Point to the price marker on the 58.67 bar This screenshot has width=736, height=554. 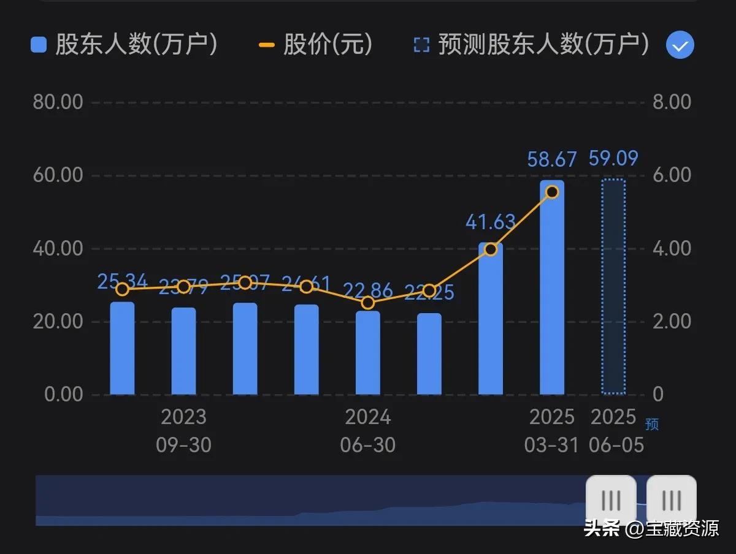[551, 192]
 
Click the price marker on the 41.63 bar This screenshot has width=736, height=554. [490, 249]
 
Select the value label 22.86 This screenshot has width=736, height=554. [368, 289]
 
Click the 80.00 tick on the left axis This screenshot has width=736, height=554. [58, 102]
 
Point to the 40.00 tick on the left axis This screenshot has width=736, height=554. [58, 249]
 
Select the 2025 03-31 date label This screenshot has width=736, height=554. [551, 431]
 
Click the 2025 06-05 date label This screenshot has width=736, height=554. [614, 431]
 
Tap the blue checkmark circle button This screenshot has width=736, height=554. [680, 45]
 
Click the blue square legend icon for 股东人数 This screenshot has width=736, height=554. [39, 45]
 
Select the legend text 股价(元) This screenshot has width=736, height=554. [328, 45]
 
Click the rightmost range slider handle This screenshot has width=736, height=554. [671, 500]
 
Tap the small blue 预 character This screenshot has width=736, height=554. [651, 424]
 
